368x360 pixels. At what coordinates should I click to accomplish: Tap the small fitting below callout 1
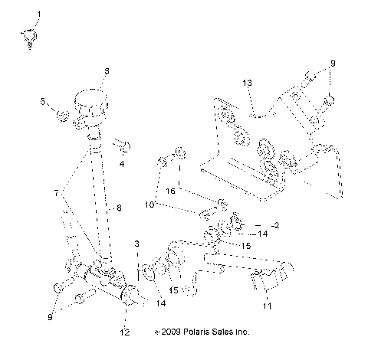click(x=28, y=36)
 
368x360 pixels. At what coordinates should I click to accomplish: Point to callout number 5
click(x=44, y=100)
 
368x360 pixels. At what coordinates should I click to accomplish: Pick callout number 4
click(x=122, y=162)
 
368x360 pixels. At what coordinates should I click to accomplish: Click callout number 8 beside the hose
click(x=119, y=207)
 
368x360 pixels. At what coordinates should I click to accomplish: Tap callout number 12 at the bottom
click(x=125, y=332)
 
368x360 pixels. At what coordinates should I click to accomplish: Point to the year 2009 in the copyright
click(x=170, y=332)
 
